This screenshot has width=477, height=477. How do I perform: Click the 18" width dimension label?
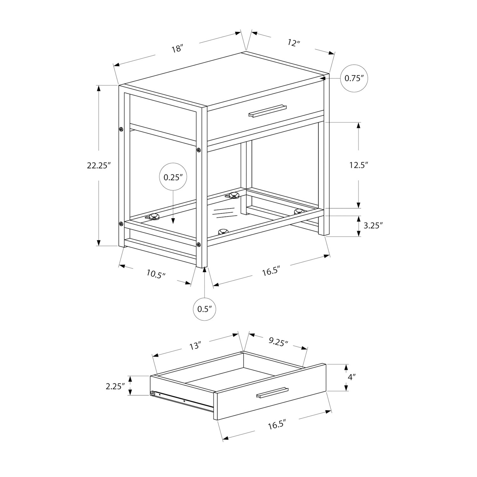(x=177, y=49)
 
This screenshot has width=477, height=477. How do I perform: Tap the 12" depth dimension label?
(x=294, y=43)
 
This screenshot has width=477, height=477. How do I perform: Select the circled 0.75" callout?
(x=354, y=78)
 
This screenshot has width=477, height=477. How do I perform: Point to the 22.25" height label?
(x=99, y=165)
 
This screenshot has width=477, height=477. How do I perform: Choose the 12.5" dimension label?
(x=359, y=165)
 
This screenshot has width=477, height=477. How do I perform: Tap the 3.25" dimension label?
(x=372, y=225)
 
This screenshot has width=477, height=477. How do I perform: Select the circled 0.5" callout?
(x=204, y=309)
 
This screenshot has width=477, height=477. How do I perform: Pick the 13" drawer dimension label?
(x=196, y=346)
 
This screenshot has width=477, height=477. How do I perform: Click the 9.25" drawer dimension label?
(x=278, y=342)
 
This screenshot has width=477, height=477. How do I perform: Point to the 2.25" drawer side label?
(x=114, y=386)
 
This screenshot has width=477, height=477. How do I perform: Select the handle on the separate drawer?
(x=272, y=392)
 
